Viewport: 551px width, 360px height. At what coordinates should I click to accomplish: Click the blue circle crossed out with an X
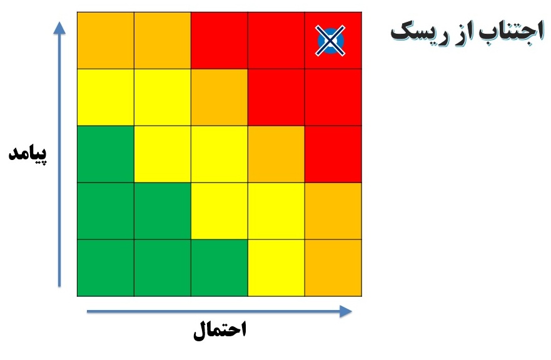(330, 41)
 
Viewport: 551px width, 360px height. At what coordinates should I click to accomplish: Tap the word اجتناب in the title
(512, 32)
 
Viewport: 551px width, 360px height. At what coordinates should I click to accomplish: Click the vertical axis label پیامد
(28, 154)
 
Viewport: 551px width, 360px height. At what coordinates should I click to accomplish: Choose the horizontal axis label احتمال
(220, 329)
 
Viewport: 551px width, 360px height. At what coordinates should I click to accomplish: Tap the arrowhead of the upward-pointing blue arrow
(59, 27)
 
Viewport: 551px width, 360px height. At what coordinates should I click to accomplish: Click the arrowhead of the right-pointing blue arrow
(346, 311)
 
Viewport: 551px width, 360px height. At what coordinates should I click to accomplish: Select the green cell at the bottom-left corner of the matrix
(106, 268)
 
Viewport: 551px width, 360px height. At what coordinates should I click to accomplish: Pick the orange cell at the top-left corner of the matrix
(106, 41)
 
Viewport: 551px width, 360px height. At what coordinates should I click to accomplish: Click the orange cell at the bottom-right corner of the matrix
(333, 268)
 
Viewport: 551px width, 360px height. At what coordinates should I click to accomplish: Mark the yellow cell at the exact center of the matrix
(220, 154)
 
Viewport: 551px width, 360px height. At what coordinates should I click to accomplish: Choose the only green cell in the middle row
(106, 154)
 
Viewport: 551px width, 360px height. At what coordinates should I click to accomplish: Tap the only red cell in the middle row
(333, 154)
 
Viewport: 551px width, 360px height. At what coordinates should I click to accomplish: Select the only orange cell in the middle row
(276, 154)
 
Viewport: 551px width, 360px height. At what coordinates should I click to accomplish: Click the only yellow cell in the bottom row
(276, 268)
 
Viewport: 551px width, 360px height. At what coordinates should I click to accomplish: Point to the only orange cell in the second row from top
(220, 97)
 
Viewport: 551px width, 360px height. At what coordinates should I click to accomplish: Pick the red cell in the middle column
(220, 41)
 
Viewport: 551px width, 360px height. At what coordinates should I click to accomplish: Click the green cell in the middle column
(220, 268)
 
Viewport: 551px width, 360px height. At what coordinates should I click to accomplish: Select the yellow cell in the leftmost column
(106, 97)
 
